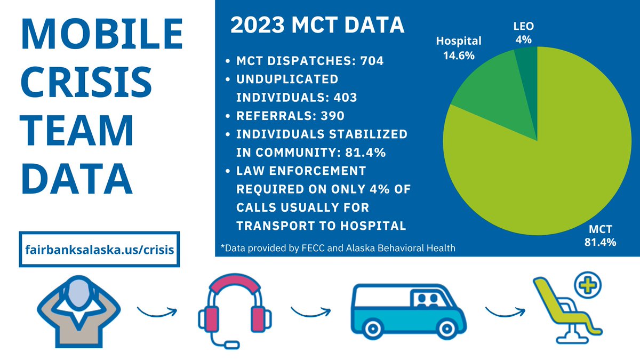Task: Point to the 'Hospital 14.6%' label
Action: (x=459, y=48)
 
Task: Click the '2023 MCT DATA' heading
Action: (x=317, y=26)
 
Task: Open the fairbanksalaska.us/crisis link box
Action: (x=100, y=249)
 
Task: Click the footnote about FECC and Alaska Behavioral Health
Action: (x=338, y=247)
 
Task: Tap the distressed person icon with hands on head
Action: (x=79, y=312)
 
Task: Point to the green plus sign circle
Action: (x=588, y=286)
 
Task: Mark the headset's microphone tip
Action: (x=231, y=346)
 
